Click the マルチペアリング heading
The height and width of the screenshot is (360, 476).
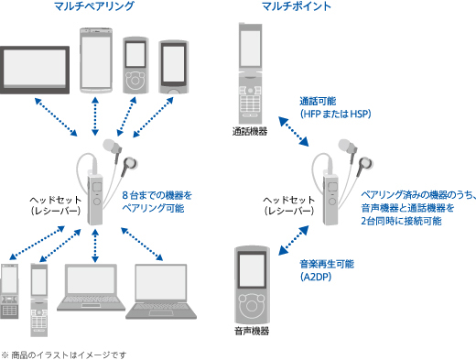(x=94, y=6)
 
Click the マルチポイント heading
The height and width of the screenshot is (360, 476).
(x=297, y=6)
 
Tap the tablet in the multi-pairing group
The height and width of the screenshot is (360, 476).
(x=35, y=70)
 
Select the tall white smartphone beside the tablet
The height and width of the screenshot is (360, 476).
(x=96, y=60)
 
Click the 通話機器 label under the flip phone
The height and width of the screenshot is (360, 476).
(x=250, y=132)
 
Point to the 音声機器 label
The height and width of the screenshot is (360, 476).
(x=252, y=331)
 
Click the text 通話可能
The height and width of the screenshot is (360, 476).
(x=318, y=101)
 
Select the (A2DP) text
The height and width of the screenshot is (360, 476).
(x=316, y=277)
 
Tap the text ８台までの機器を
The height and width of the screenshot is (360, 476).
(x=157, y=195)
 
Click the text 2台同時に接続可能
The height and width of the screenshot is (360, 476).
(x=401, y=221)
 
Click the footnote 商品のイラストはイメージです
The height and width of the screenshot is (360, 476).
(x=69, y=355)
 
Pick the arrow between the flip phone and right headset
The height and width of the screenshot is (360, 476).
(x=294, y=131)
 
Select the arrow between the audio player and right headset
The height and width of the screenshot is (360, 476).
(x=294, y=240)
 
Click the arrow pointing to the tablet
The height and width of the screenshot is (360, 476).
(x=56, y=116)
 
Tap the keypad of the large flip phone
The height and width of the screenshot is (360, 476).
(x=250, y=104)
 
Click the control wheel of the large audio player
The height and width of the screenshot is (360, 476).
(x=252, y=305)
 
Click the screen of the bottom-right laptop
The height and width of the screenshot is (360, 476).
(x=161, y=282)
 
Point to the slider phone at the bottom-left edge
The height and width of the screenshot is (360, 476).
(x=9, y=291)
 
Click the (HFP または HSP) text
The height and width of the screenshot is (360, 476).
(x=336, y=114)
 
